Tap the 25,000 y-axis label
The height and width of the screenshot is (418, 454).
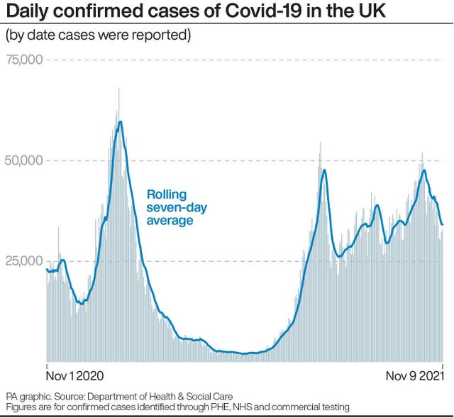24,261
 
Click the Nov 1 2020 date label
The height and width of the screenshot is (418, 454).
74,375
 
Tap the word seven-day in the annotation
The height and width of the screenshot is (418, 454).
177,207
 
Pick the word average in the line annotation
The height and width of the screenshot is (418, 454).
170,221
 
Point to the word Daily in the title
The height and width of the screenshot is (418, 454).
26,12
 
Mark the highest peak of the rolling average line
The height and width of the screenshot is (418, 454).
121,121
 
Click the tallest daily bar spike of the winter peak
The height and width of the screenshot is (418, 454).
118,89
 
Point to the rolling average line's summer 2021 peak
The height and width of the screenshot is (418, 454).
324,170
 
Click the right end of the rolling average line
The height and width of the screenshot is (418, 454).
443,225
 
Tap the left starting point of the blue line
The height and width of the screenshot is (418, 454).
47,269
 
